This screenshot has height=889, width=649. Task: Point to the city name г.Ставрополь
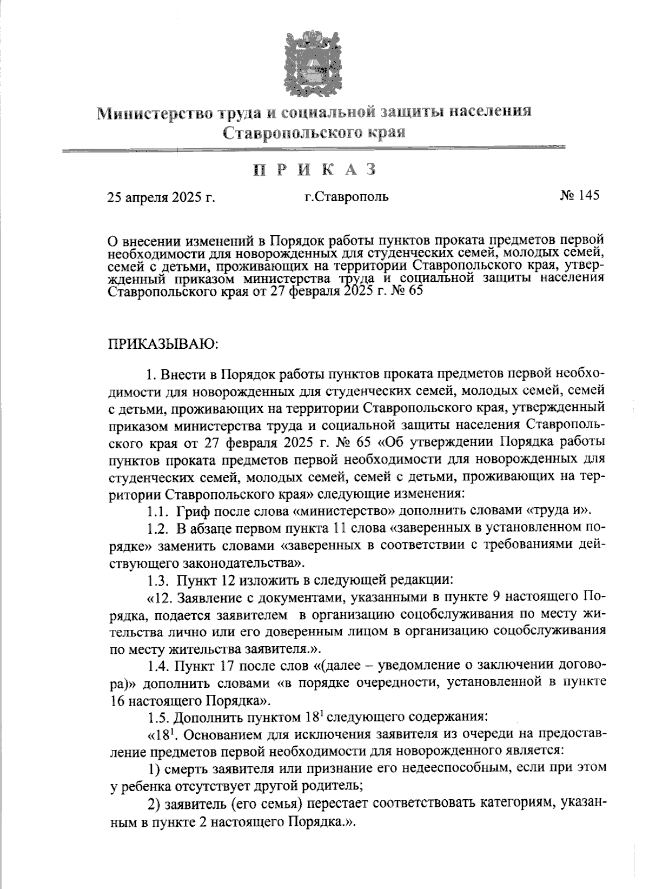(x=346, y=197)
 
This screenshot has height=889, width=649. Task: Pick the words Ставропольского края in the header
(x=314, y=132)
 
